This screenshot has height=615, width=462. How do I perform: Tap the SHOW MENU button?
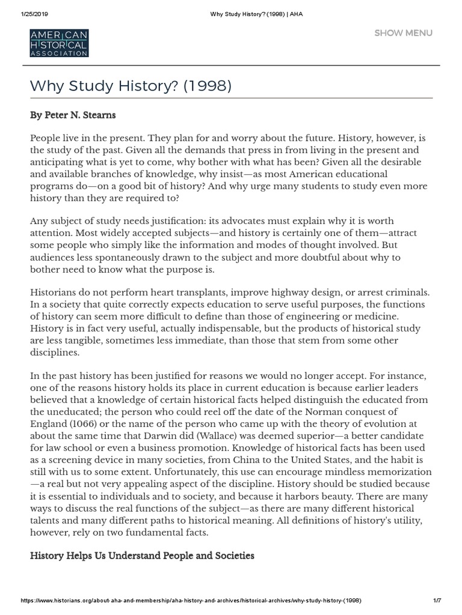pyautogui.click(x=403, y=33)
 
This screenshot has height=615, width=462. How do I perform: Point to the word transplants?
pyautogui.click(x=192, y=292)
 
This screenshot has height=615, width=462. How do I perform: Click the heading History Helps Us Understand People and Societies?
pyautogui.click(x=142, y=556)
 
